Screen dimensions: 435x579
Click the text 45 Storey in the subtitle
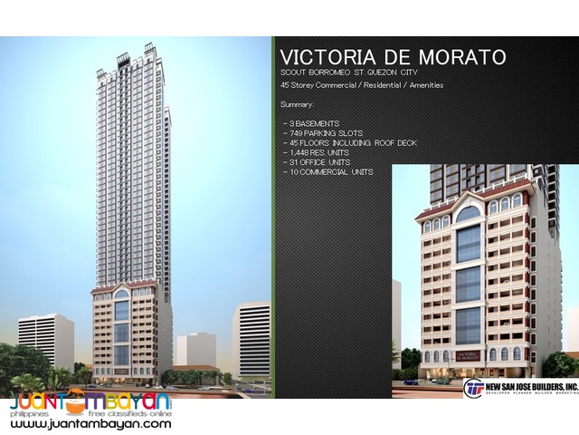[x=302, y=86]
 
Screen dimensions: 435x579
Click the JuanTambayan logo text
[x=90, y=402]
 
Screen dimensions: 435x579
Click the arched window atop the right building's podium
[x=468, y=215]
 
